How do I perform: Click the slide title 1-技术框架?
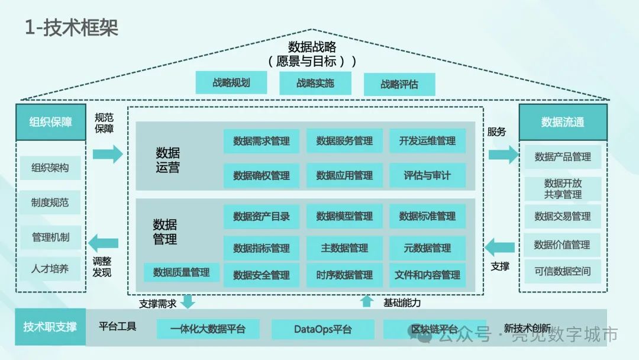[x=71, y=27]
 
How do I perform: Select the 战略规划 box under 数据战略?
[x=231, y=83]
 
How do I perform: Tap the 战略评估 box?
[x=399, y=85]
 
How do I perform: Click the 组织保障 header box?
[x=51, y=123]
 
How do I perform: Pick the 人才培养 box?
[x=50, y=269]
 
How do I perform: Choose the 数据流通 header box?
[x=563, y=123]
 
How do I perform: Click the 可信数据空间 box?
[x=563, y=272]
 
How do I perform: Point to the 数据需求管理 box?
[x=262, y=141]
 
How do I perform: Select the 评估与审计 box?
[x=427, y=175]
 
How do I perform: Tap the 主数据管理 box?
[x=344, y=247]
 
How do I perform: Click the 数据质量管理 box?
[x=181, y=272]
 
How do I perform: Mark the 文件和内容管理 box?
[x=427, y=275]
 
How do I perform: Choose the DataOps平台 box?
[x=322, y=329]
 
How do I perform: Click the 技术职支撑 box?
[x=50, y=327]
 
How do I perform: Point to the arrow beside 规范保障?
[x=107, y=155]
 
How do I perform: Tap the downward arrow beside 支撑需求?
[x=188, y=301]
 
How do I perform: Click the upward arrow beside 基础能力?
[x=367, y=301]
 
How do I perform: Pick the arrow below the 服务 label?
[x=502, y=155]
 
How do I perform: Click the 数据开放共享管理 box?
[x=563, y=188]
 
